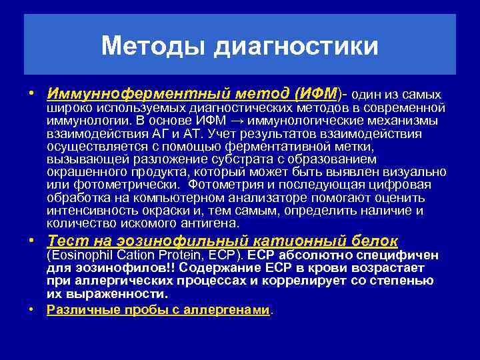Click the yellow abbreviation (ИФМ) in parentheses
[317, 94]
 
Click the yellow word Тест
[63, 241]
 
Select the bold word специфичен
[397, 255]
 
